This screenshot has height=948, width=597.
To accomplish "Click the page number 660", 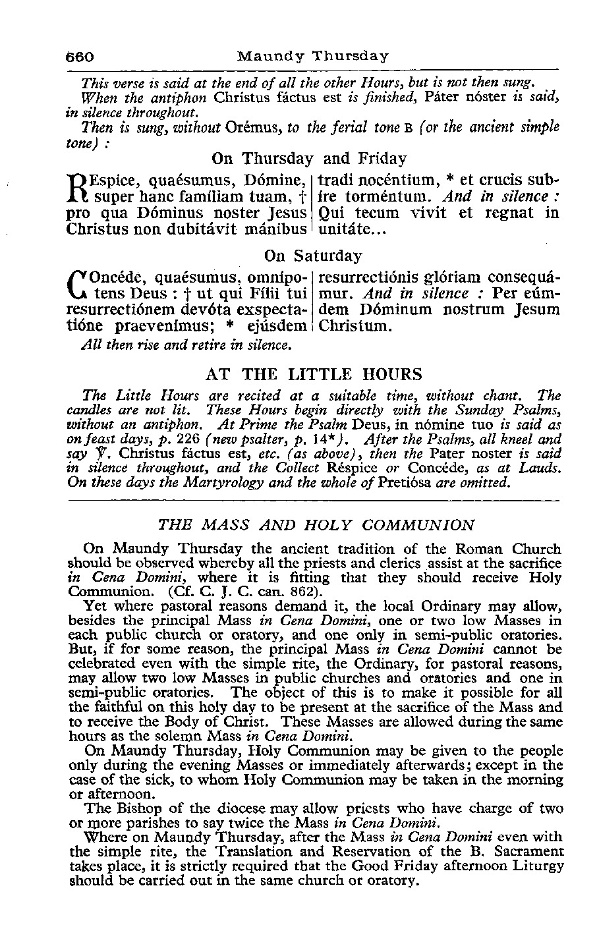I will click(82, 56).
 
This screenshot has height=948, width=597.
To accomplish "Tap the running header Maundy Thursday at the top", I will click(313, 56).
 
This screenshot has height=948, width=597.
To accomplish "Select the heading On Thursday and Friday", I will click(309, 159).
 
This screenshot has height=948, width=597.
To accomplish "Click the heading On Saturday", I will click(313, 255).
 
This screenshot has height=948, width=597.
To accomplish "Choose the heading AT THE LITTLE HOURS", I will click(314, 375).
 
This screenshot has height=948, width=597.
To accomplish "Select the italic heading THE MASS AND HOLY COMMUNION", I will click(316, 525).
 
